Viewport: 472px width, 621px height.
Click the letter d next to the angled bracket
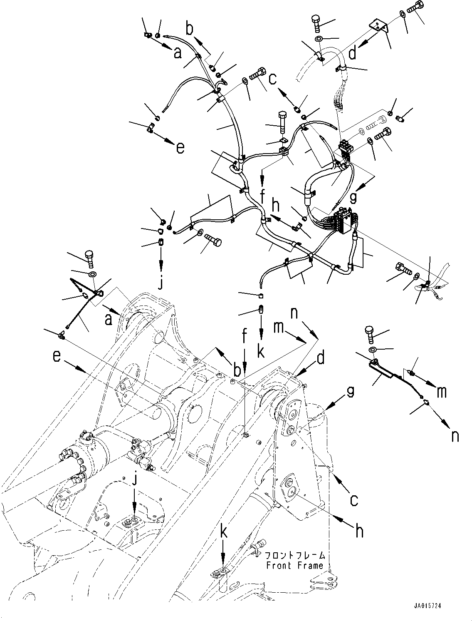point(353,53)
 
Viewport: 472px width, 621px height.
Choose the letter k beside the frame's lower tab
point(224,545)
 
